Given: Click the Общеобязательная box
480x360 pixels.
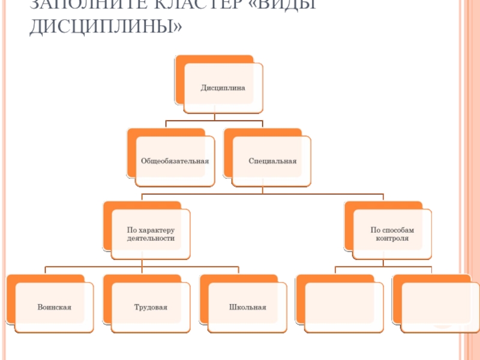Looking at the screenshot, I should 175,161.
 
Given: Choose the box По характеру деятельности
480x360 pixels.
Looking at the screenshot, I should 151,234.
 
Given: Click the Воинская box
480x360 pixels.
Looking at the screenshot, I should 54,307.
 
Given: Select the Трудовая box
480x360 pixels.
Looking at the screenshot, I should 151,307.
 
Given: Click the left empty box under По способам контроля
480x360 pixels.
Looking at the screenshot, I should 344,307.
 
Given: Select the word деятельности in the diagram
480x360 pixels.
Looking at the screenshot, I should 151,238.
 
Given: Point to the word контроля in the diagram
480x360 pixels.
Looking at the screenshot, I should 392,238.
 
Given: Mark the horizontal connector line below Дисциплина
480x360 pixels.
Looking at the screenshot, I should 214,121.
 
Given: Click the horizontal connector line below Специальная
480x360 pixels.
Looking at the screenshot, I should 262,194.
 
